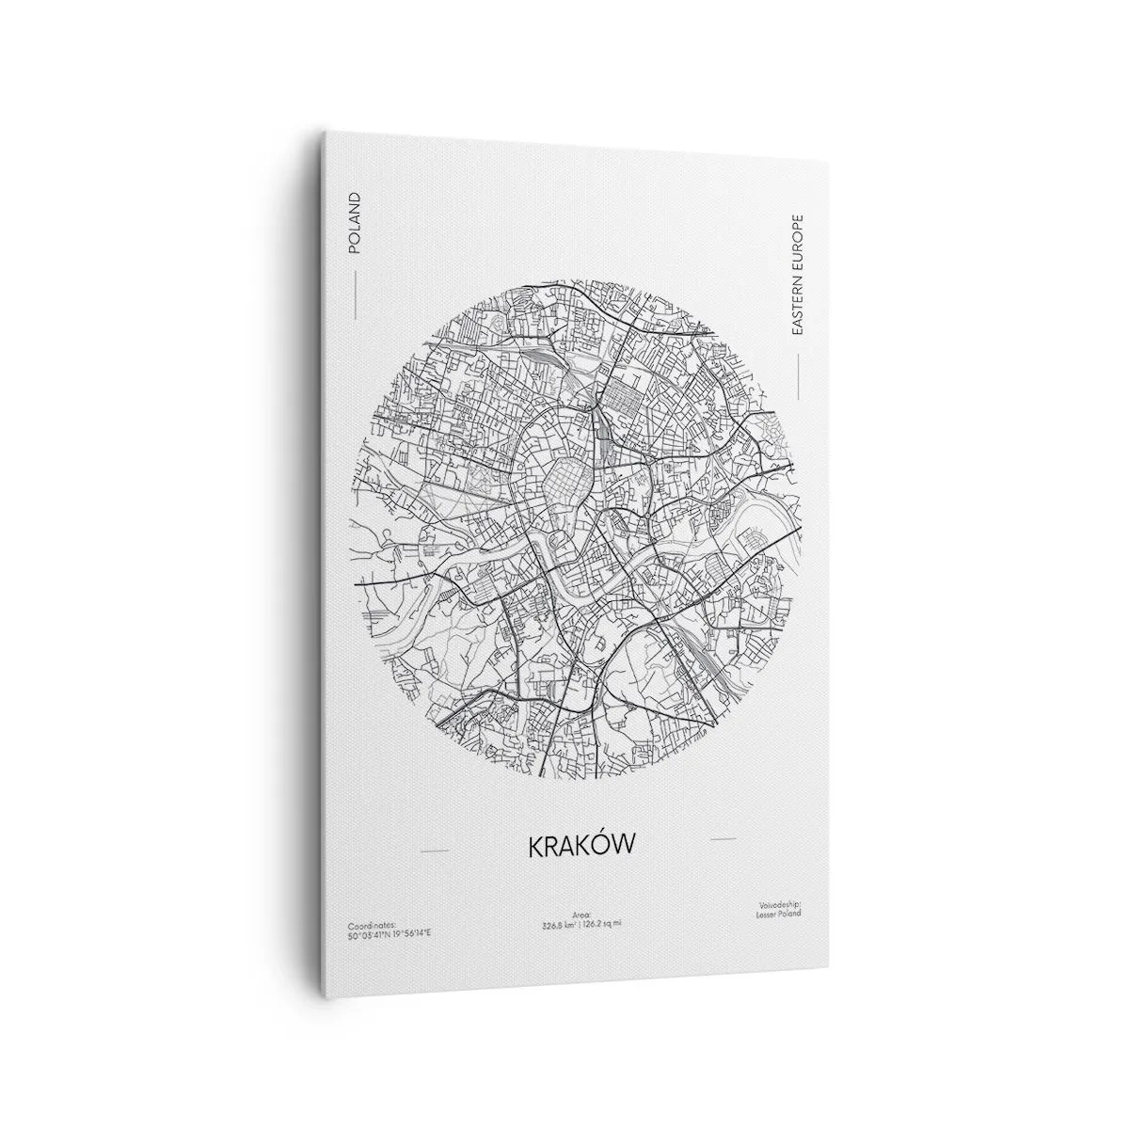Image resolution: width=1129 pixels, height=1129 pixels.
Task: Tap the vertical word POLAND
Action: pyautogui.click(x=354, y=223)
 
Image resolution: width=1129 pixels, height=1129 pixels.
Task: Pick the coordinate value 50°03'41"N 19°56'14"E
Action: pyautogui.click(x=389, y=935)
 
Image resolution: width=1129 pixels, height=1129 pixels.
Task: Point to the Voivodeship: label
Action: pyautogui.click(x=778, y=905)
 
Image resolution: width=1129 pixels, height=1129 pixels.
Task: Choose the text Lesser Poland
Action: pyautogui.click(x=780, y=914)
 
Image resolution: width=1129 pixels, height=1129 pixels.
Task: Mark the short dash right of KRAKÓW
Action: pyautogui.click(x=723, y=836)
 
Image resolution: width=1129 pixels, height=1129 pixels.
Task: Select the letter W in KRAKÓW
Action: pyautogui.click(x=625, y=844)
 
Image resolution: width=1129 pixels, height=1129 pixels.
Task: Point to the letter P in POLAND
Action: pyautogui.click(x=354, y=248)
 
